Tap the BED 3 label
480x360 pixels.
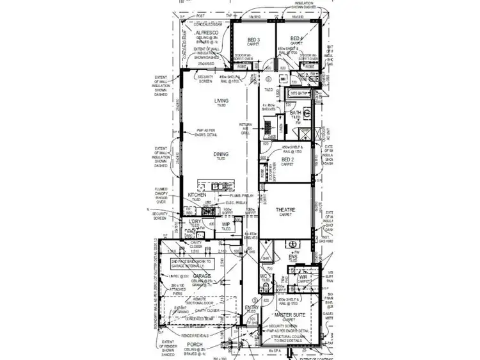(x=253, y=39)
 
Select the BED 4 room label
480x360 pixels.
(x=296, y=38)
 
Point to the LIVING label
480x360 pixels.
(x=221, y=101)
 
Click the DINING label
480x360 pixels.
(x=221, y=154)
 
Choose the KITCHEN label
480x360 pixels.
(x=197, y=195)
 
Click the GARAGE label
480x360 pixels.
(x=202, y=275)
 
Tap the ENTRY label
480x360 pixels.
(x=252, y=308)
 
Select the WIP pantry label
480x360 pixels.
(x=226, y=224)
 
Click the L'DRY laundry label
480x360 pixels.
(x=195, y=221)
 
